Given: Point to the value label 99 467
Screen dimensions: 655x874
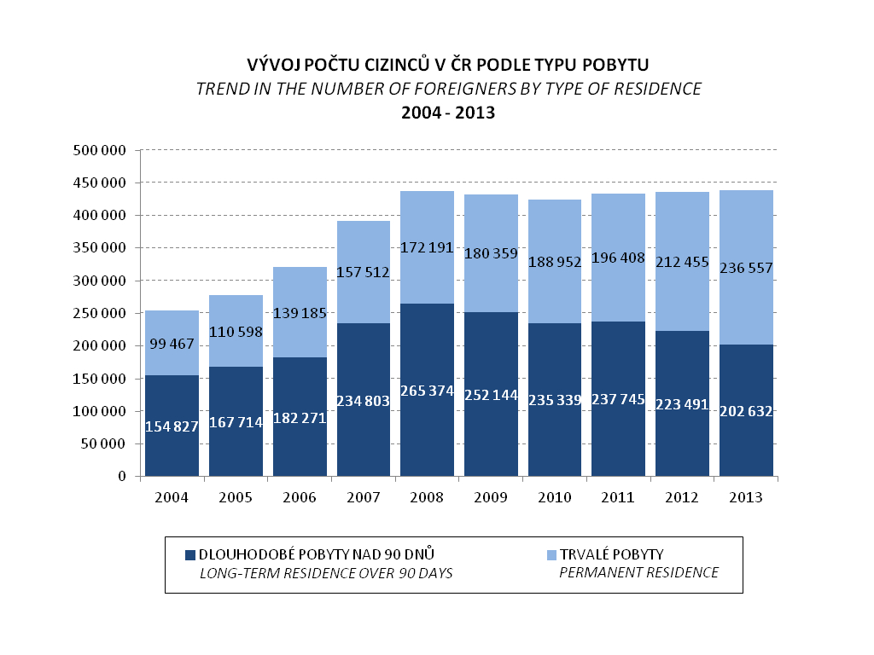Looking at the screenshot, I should pyautogui.click(x=172, y=345).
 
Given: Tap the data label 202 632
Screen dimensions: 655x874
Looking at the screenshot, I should pyautogui.click(x=746, y=412).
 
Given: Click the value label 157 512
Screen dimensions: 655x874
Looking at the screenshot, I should pyautogui.click(x=363, y=273).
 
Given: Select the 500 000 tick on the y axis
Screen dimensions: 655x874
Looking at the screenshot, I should pyautogui.click(x=100, y=151).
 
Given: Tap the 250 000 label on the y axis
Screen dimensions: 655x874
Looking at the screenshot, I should pyautogui.click(x=100, y=314).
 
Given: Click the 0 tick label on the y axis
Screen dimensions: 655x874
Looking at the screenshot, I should pyautogui.click(x=123, y=477).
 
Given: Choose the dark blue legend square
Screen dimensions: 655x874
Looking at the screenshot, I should pyautogui.click(x=190, y=555).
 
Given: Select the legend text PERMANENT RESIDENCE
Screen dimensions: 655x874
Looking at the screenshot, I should pyautogui.click(x=638, y=573).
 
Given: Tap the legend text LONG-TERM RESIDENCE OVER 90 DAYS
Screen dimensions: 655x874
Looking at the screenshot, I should pyautogui.click(x=326, y=573).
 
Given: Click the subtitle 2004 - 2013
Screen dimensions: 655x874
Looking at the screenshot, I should pyautogui.click(x=448, y=112).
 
